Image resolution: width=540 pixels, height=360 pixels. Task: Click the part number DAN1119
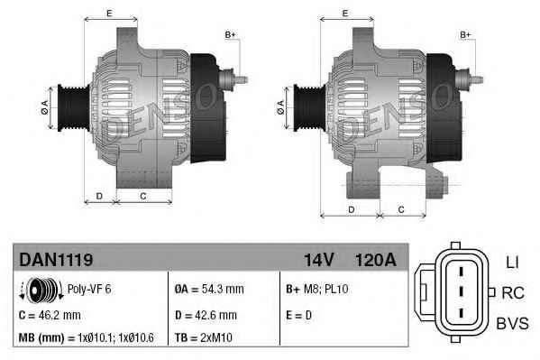56,260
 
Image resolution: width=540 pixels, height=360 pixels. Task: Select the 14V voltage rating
318,260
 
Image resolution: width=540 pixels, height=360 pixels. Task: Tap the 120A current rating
375,260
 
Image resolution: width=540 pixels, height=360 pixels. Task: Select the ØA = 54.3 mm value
207,291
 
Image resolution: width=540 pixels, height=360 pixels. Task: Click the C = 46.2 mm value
50,316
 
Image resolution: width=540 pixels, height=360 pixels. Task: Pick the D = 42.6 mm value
206,316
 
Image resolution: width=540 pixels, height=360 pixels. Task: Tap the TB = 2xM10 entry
204,338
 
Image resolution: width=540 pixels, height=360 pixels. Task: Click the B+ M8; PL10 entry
317,291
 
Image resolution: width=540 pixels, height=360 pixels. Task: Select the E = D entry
298,316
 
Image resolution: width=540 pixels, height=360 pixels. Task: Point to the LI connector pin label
511,262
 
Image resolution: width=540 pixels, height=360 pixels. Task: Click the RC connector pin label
511,293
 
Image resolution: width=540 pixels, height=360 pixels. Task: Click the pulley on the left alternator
68,107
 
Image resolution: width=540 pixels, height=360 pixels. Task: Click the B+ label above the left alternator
230,34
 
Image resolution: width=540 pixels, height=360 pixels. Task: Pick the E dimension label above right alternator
345,13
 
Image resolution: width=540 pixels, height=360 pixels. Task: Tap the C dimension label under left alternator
142,195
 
